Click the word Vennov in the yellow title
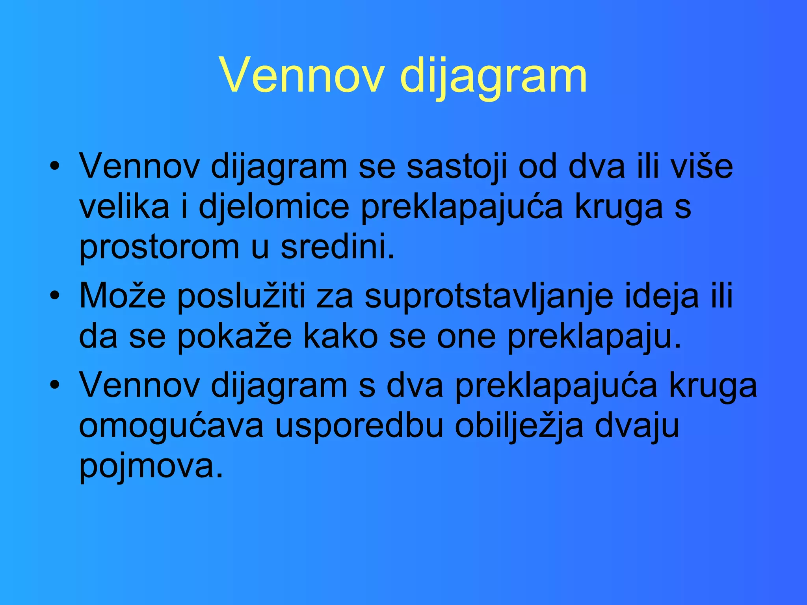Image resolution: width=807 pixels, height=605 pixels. coord(301,75)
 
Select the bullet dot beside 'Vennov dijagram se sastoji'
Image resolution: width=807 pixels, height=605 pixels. coord(55,166)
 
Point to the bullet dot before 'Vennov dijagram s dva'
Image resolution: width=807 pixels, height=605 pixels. coord(55,385)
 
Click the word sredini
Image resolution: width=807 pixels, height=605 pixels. coord(337,247)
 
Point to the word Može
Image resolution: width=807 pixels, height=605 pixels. coord(123,296)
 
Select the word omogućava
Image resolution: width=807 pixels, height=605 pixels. coord(171,427)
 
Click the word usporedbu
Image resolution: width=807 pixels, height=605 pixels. coord(359,427)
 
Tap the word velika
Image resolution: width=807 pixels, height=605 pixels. coord(124,207)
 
